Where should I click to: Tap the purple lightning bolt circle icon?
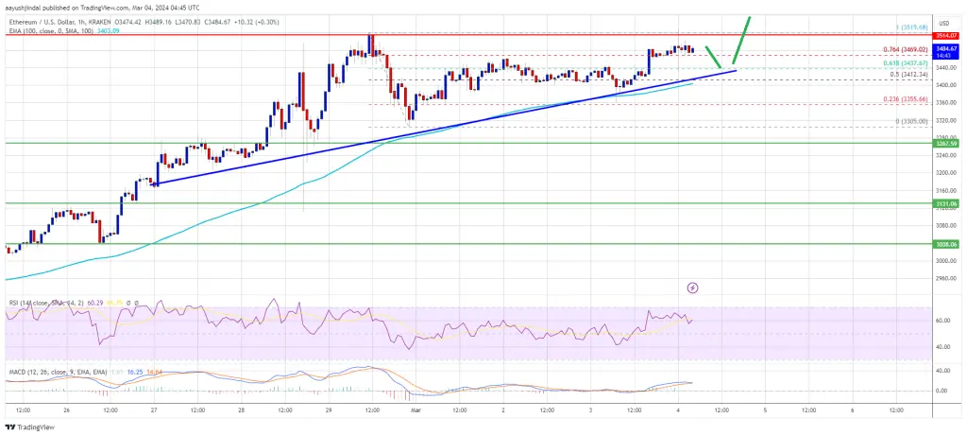tap(692, 287)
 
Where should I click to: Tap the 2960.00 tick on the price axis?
tap(947, 278)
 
